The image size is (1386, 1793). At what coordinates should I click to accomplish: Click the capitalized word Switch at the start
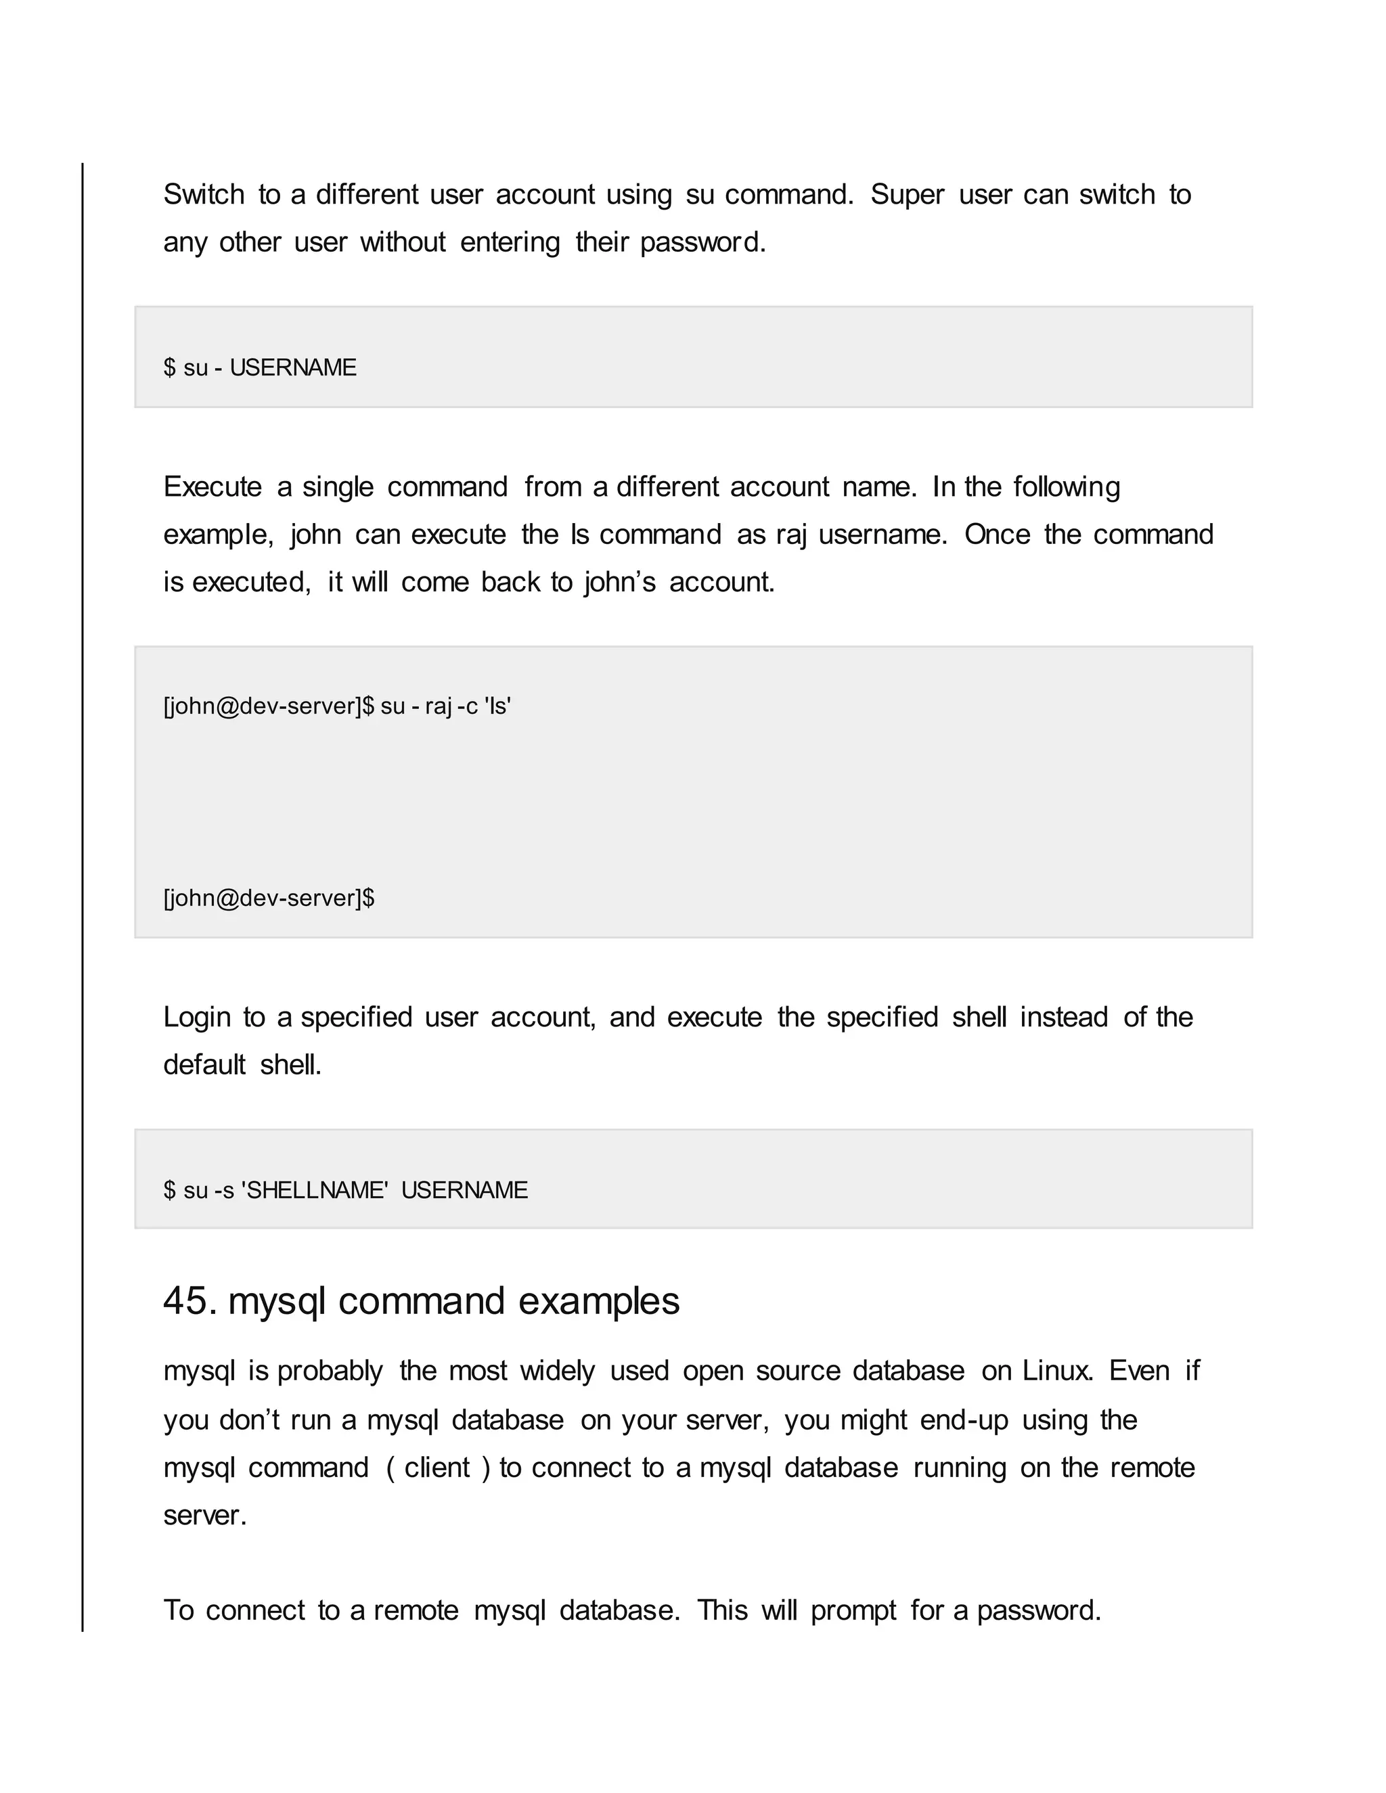204,195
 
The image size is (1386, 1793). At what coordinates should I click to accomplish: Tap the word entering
510,242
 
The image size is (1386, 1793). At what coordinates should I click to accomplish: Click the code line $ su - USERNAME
259,368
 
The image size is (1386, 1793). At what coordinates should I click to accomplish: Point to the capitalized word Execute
212,487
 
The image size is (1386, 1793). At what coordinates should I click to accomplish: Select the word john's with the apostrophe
620,582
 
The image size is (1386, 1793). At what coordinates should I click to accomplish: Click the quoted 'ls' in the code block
498,706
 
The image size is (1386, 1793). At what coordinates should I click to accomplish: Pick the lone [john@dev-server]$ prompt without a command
269,898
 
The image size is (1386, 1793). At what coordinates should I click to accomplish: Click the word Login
197,1017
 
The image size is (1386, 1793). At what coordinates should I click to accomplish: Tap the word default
204,1065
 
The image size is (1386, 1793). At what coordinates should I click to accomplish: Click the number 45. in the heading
189,1301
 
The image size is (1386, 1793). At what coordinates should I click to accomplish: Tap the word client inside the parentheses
437,1468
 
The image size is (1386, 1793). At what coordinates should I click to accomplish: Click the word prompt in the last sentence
853,1611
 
